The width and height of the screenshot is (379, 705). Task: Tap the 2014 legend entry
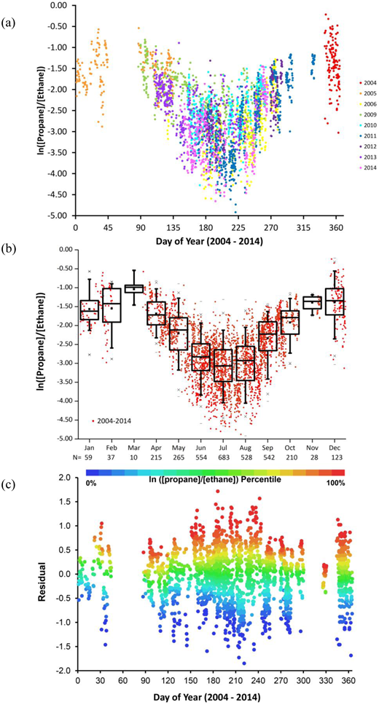(366, 168)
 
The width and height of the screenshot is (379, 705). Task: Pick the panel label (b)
(10, 251)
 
